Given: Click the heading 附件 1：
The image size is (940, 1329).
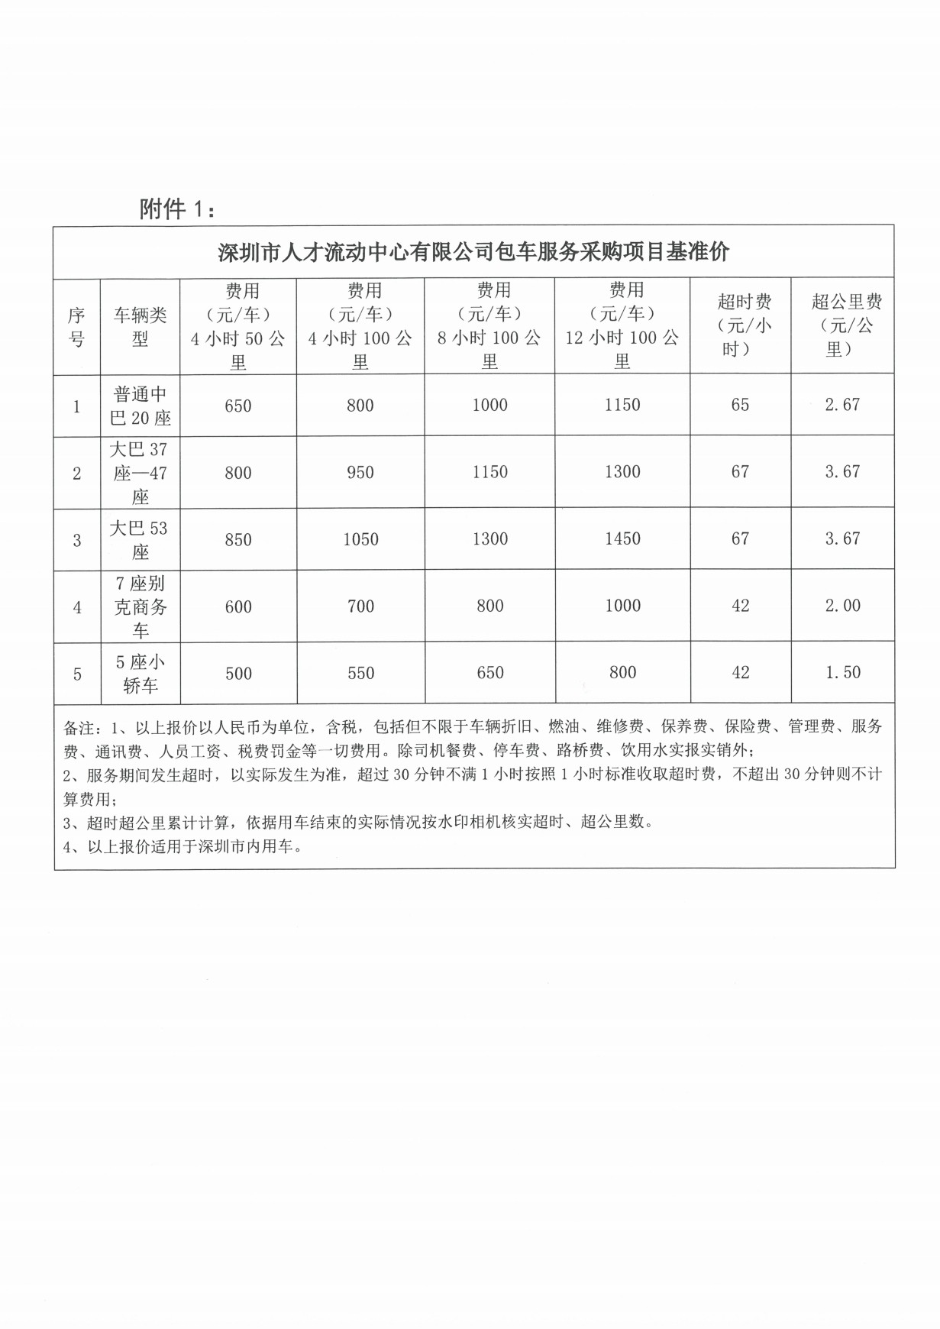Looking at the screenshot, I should (x=177, y=209).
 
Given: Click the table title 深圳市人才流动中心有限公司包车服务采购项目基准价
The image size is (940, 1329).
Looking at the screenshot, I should (x=473, y=252).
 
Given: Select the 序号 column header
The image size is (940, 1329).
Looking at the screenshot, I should (x=76, y=327).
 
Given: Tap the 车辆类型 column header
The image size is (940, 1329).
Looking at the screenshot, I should (x=141, y=327).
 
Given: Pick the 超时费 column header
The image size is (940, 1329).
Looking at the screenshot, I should (x=740, y=325).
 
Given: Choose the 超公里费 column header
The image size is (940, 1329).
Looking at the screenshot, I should (x=842, y=325).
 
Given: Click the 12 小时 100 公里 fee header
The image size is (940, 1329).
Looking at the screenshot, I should (x=622, y=325).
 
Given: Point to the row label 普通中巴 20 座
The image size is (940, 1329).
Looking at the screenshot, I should (x=141, y=406).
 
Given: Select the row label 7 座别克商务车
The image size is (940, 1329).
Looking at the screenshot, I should (x=141, y=606).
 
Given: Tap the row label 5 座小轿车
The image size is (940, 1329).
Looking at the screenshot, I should (x=141, y=674).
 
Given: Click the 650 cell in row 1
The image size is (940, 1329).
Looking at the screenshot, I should (x=238, y=406).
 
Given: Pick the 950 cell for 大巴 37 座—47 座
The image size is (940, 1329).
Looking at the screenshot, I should (x=360, y=473).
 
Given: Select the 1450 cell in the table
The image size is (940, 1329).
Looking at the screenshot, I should (x=622, y=539).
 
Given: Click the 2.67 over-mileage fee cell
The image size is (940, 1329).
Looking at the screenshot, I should (x=842, y=405).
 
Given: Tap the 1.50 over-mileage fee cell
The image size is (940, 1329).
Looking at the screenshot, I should (x=842, y=673).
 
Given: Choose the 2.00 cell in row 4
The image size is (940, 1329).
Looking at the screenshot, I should (x=842, y=606).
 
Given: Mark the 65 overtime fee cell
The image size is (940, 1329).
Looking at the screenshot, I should (x=740, y=405).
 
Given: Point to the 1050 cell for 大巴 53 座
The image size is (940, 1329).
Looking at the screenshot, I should (x=360, y=540).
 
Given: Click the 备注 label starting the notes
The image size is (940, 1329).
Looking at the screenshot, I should (x=79, y=727).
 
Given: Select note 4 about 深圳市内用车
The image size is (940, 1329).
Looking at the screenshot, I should (x=183, y=846).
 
